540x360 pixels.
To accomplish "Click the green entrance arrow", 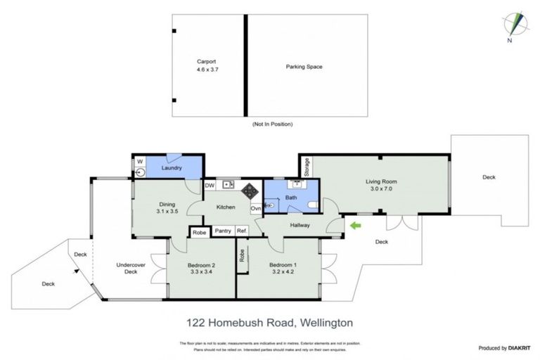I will coord(355,225).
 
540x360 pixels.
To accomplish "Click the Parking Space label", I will coord(304,67).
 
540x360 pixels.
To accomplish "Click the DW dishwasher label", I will coord(210,186).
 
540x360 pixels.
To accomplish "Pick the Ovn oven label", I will coord(255,209).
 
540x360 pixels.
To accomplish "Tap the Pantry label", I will coord(224,231).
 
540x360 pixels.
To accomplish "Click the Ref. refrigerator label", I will coord(242,231).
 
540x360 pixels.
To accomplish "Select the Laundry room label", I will coord(172,168).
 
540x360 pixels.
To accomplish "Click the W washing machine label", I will coord(139,161).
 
